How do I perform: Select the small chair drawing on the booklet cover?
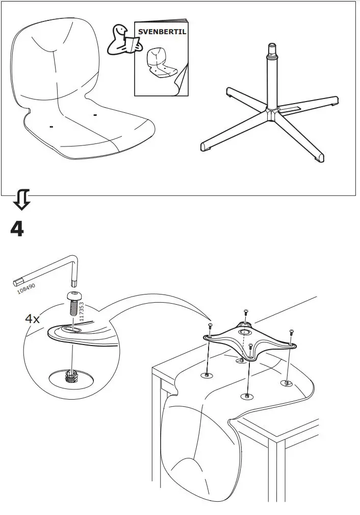click(x=159, y=64)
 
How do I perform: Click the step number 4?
click(x=17, y=229)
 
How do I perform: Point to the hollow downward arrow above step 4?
click(x=22, y=199)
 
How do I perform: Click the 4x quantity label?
click(x=33, y=319)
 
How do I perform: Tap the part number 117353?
click(x=82, y=311)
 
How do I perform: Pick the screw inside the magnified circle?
click(x=74, y=305)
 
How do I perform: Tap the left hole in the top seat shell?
click(x=52, y=125)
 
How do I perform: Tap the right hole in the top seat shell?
click(x=94, y=115)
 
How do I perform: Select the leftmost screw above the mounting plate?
click(x=210, y=327)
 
